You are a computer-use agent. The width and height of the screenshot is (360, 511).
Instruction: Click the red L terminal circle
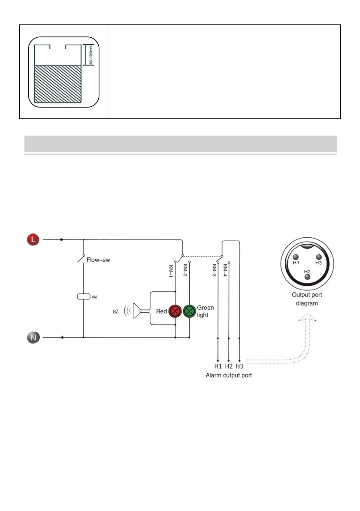tap(33, 239)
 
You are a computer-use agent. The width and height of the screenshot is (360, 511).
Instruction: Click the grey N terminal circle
tap(34, 338)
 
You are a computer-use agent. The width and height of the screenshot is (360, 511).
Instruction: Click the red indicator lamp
tap(175, 311)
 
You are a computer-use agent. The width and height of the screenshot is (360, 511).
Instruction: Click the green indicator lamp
tap(189, 311)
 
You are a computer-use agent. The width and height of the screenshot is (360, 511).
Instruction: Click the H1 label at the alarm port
tap(218, 366)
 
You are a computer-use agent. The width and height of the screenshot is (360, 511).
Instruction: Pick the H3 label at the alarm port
tap(239, 366)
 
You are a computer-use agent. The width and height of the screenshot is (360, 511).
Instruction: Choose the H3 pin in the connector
tap(318, 257)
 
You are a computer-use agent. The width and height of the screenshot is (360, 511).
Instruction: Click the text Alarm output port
tap(228, 375)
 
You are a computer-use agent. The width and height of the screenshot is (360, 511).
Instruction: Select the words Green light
tap(205, 311)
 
